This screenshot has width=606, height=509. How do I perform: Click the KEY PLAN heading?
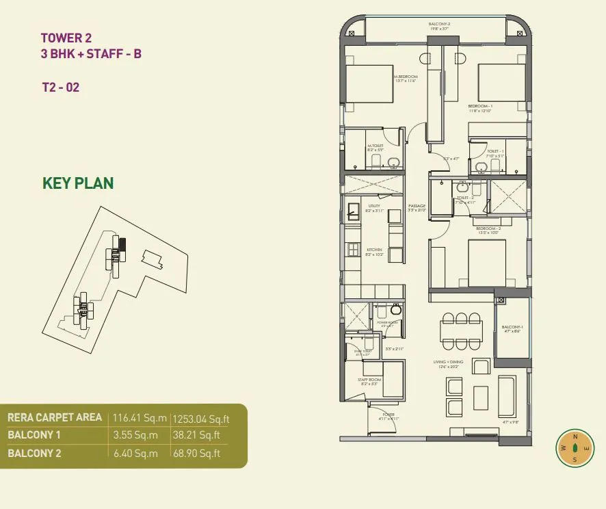78,183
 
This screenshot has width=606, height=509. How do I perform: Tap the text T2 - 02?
61,87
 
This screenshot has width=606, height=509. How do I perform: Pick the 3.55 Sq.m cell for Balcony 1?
135,434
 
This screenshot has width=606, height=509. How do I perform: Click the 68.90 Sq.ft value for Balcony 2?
196,453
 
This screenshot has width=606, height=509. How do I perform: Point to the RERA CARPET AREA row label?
55,417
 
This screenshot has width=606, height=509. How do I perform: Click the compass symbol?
575,448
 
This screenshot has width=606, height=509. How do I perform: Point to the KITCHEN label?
373,250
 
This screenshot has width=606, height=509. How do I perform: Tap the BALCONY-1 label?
512,326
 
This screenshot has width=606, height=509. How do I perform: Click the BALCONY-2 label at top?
439,24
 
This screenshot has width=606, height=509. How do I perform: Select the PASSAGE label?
417,206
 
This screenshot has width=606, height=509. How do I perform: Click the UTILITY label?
373,206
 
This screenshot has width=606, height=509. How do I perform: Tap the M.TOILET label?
374,145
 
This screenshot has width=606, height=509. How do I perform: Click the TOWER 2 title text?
66,38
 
